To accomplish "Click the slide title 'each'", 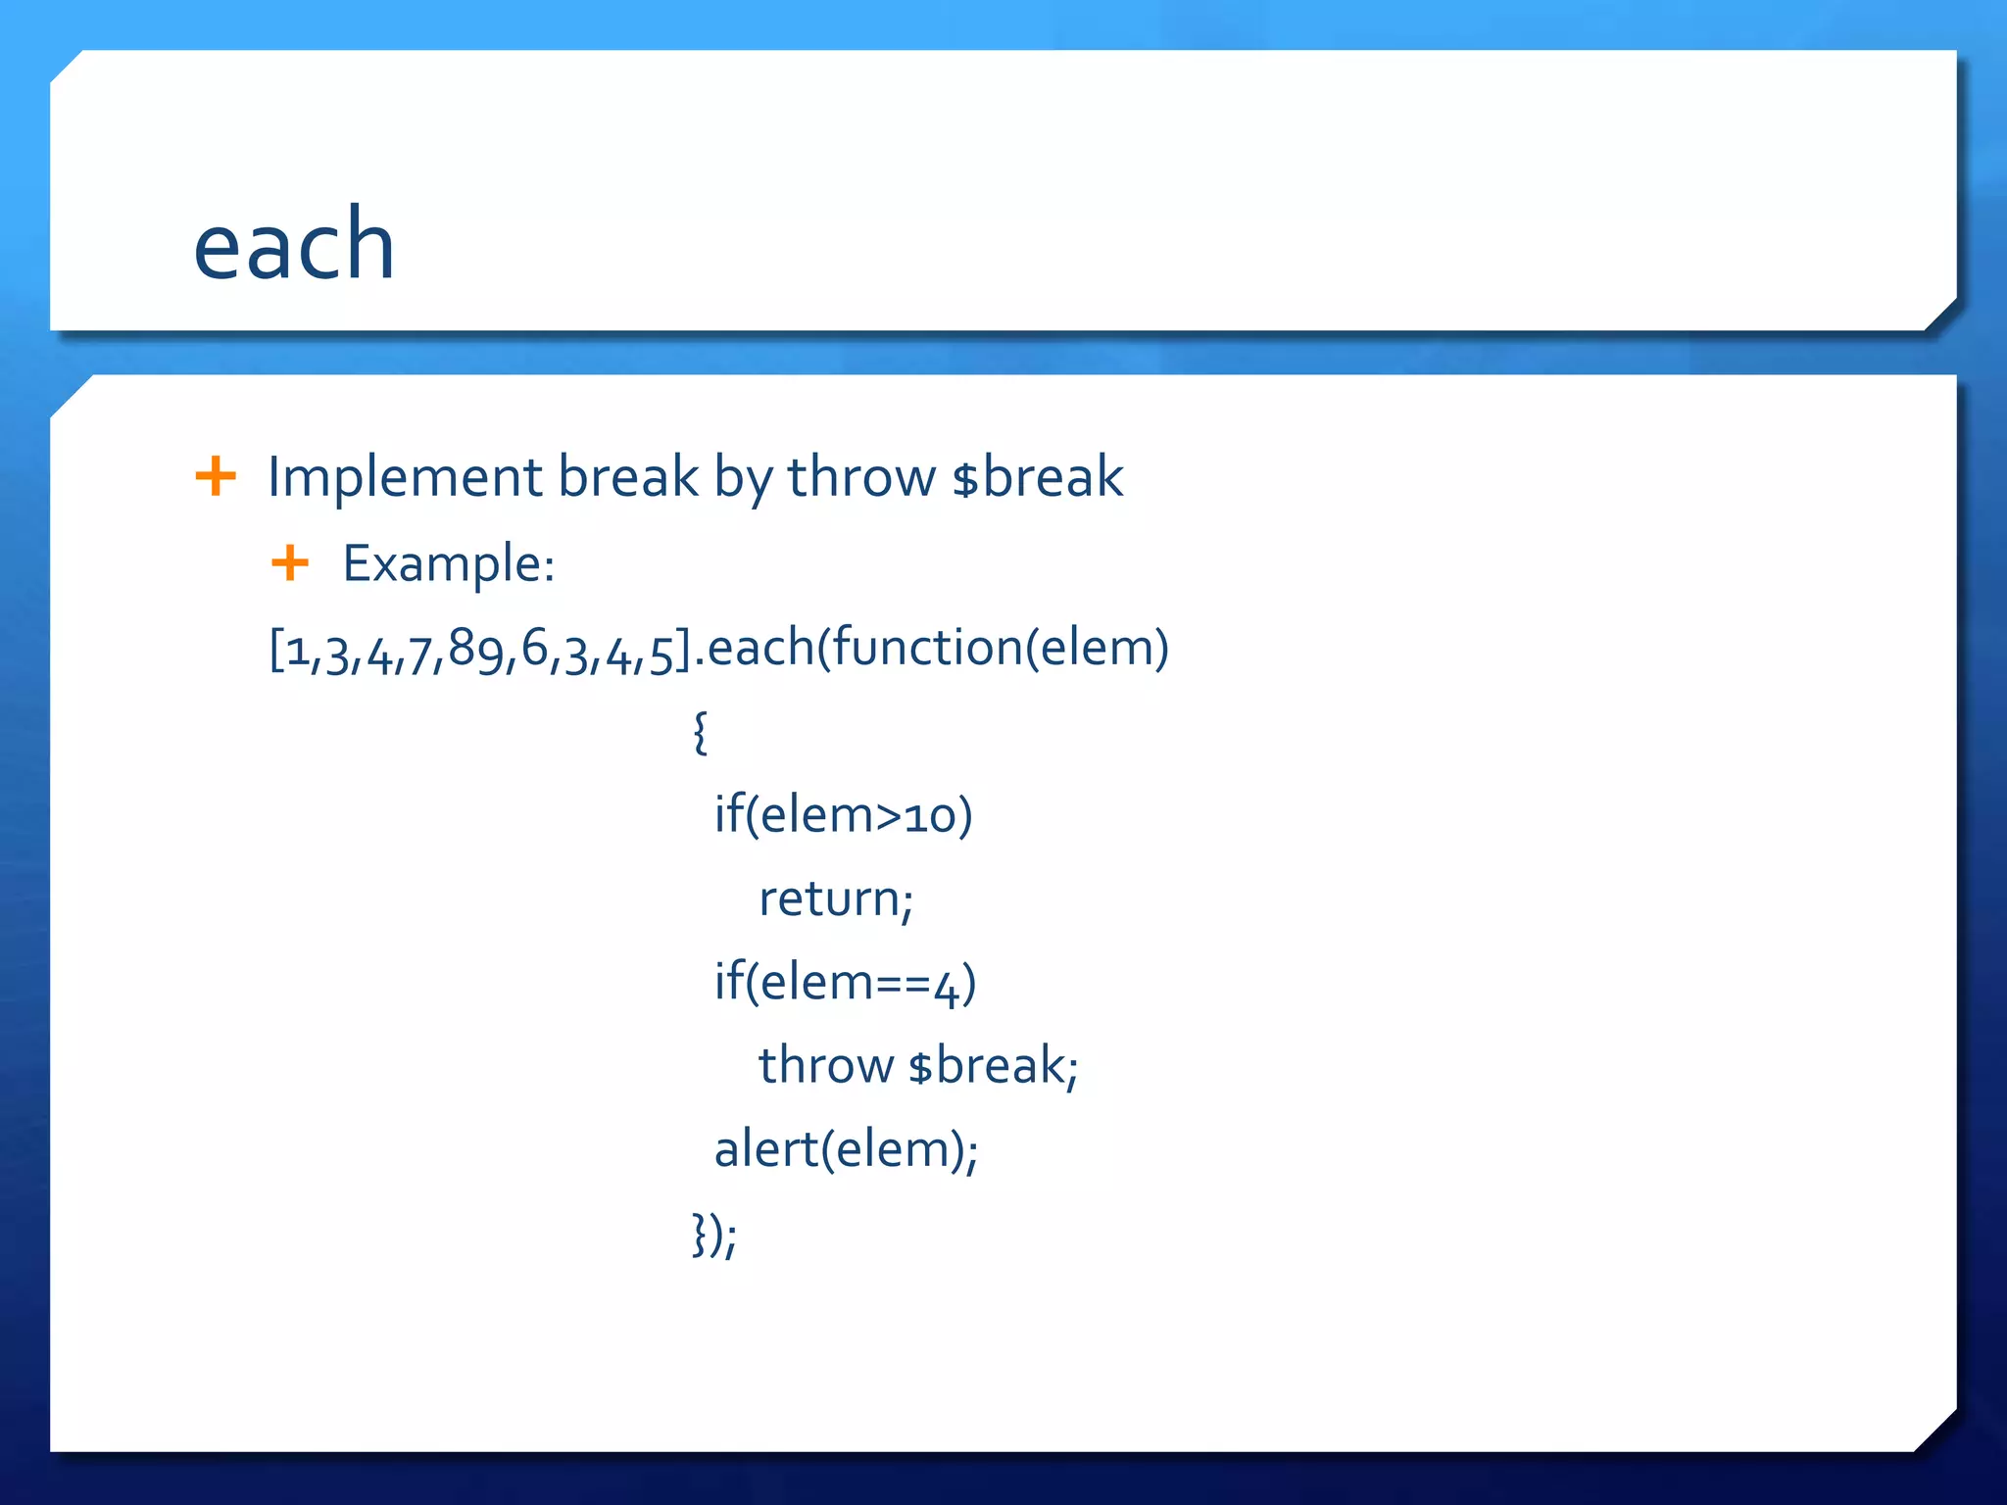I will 294,245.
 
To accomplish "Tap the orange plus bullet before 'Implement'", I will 216,477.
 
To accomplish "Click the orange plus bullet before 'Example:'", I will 290,563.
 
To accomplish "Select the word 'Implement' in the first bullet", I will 405,478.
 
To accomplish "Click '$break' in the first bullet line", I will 1038,478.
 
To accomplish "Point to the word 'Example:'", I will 449,564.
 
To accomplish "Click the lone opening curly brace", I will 700,732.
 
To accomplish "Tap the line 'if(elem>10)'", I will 843,815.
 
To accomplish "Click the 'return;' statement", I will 836,899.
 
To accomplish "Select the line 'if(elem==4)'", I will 845,983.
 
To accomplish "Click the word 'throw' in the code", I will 826,1066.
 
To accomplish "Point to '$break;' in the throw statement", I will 993,1066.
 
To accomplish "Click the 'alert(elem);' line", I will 846,1149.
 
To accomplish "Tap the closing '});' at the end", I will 714,1235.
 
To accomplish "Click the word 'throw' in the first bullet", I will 861,478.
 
